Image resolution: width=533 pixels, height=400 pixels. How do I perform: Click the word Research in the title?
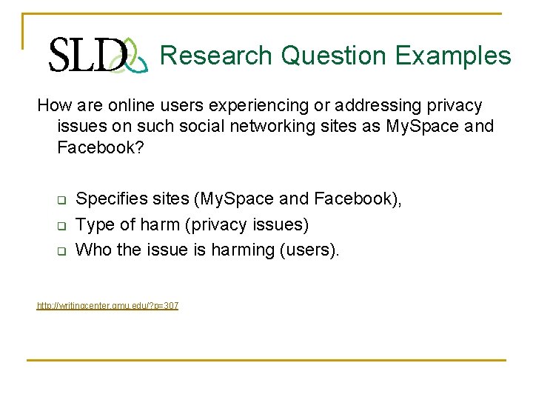(216, 56)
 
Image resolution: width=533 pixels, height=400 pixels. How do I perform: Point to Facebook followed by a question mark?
(100, 147)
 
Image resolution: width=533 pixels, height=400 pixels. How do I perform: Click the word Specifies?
(110, 199)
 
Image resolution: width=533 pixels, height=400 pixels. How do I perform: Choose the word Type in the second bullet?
(94, 224)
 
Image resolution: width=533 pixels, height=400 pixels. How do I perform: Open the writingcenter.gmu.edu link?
(108, 306)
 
